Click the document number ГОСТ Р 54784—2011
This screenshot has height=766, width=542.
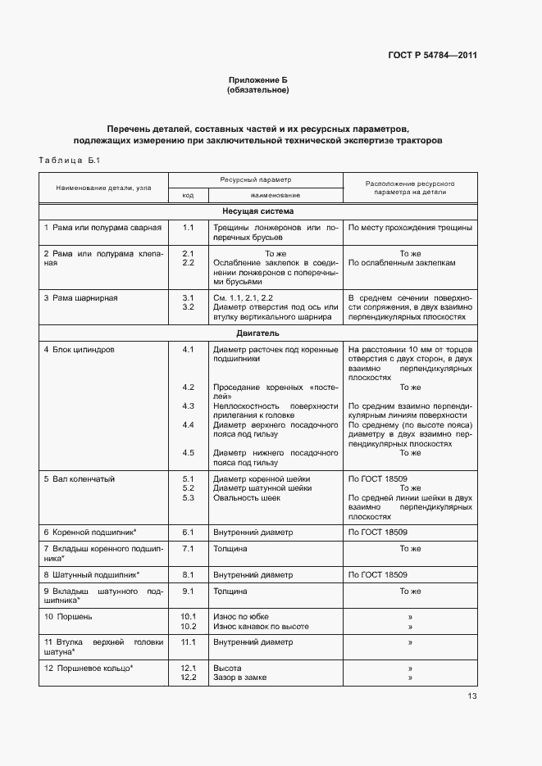(x=432, y=56)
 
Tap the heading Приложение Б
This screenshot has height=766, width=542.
(x=257, y=79)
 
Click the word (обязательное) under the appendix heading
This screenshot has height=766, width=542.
(x=257, y=89)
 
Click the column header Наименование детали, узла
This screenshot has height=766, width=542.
(x=103, y=188)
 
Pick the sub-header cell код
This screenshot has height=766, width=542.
(x=188, y=196)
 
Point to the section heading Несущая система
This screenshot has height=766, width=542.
(x=258, y=211)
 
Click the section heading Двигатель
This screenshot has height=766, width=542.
(x=258, y=333)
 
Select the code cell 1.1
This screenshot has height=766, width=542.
(x=188, y=227)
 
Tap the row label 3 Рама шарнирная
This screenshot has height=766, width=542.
(x=80, y=297)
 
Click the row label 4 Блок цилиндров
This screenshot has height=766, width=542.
(x=79, y=350)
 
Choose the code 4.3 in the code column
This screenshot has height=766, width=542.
(x=188, y=406)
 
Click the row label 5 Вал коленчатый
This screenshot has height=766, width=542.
(x=79, y=478)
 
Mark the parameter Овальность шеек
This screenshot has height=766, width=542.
(x=247, y=497)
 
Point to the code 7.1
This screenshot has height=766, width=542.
(x=188, y=548)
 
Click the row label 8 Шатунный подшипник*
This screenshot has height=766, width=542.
(x=91, y=575)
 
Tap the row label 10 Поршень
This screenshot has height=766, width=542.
(x=68, y=616)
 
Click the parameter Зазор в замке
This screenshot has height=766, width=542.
(x=240, y=678)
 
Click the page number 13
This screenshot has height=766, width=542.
(x=472, y=696)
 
